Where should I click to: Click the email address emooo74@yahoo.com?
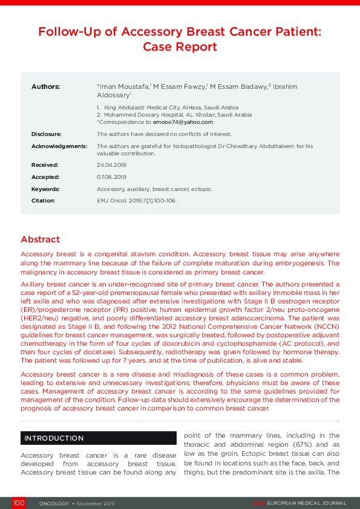click(187, 122)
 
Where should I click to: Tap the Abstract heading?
click(41, 239)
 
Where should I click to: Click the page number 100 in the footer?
click(19, 503)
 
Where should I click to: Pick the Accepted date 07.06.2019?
click(111, 177)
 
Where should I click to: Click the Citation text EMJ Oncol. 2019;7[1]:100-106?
click(137, 201)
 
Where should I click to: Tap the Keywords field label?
click(45, 189)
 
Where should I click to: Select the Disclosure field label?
click(47, 134)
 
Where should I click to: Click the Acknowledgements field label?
click(59, 146)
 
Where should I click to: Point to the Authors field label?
click(46, 87)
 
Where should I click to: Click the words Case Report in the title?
click(180, 47)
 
